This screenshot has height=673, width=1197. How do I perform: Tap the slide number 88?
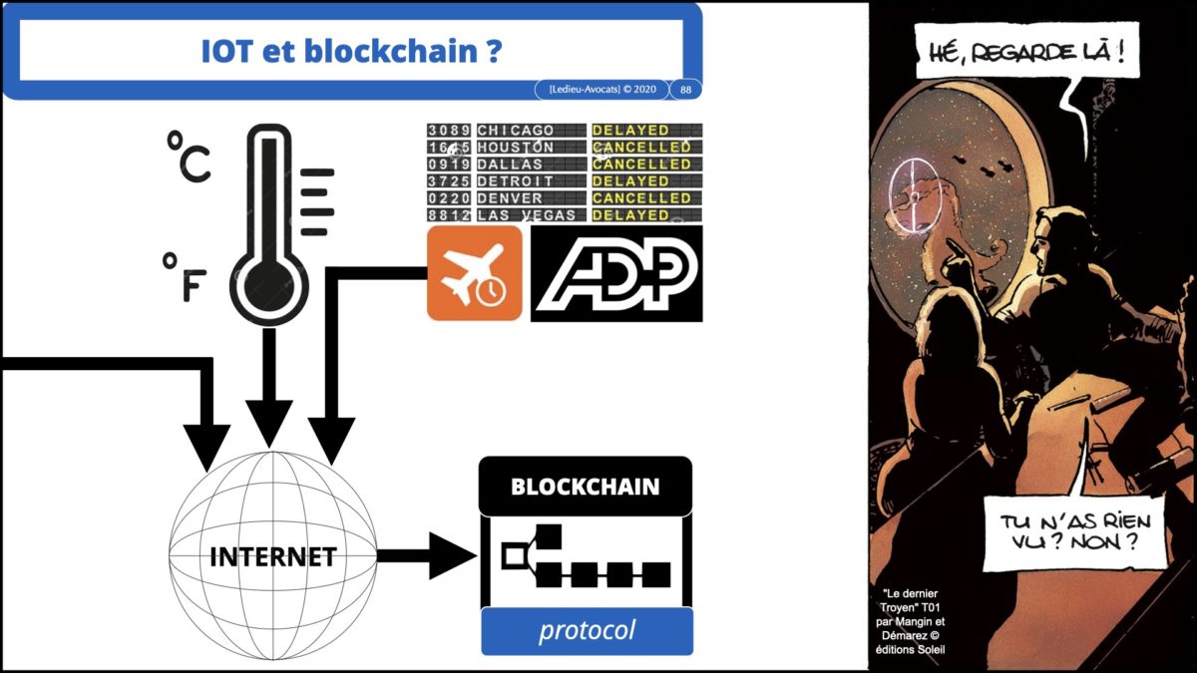click(685, 90)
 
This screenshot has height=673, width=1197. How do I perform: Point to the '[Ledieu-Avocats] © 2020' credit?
click(601, 90)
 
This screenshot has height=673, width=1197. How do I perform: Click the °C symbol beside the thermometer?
click(188, 161)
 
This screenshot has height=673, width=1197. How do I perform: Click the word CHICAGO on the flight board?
click(516, 131)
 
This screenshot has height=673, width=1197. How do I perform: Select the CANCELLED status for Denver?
click(641, 198)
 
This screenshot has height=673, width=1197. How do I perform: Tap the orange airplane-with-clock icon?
click(475, 273)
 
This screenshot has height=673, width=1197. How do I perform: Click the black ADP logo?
click(615, 273)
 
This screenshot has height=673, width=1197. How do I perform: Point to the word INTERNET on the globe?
click(272, 556)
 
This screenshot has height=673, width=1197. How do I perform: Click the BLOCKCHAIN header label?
click(586, 487)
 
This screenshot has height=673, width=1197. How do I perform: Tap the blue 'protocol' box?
click(587, 631)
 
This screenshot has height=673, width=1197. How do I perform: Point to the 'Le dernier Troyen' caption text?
click(910, 613)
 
